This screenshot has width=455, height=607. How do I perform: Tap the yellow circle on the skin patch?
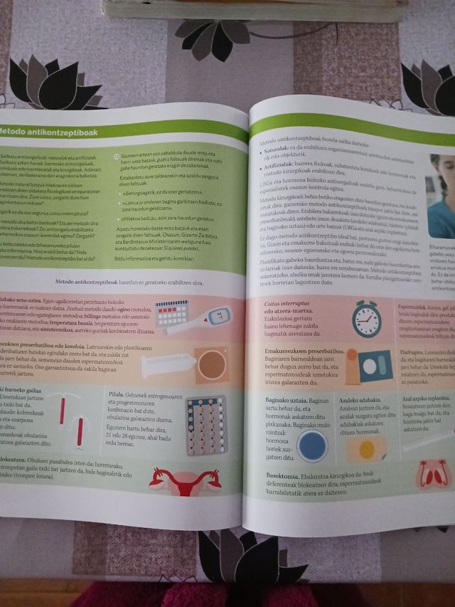click(367, 450)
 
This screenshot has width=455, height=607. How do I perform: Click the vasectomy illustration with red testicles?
click(433, 471)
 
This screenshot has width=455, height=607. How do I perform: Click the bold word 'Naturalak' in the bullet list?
click(276, 151)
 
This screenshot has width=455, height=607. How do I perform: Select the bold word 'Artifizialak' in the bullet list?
click(279, 164)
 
